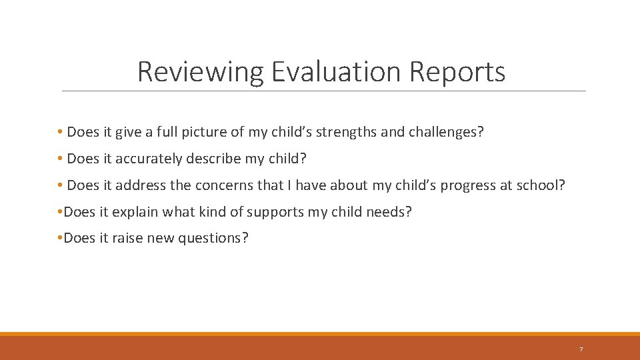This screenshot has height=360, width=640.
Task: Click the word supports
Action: [x=277, y=212]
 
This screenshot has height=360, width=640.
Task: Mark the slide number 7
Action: [x=581, y=349]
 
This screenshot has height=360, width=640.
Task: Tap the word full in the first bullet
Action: [x=158, y=132]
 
